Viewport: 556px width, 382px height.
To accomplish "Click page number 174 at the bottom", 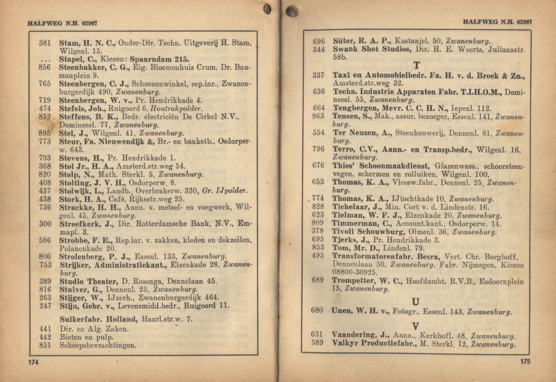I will pyautogui.click(x=33, y=363).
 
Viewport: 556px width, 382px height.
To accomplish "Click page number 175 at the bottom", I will pyautogui.click(x=525, y=362).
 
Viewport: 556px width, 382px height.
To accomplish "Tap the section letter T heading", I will pyautogui.click(x=417, y=66).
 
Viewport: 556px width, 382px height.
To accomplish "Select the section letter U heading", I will pyautogui.click(x=416, y=302).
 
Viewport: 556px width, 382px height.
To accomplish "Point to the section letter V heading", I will pyautogui.click(x=416, y=327).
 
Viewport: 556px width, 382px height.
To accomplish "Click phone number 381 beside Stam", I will pyautogui.click(x=45, y=43).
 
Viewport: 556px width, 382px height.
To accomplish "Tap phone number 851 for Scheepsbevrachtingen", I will pyautogui.click(x=45, y=345).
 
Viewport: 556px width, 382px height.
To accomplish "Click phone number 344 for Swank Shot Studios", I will pyautogui.click(x=318, y=49).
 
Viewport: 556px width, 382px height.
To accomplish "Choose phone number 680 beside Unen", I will pyautogui.click(x=317, y=311).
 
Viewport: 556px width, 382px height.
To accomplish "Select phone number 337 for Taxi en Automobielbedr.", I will pyautogui.click(x=318, y=74).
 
